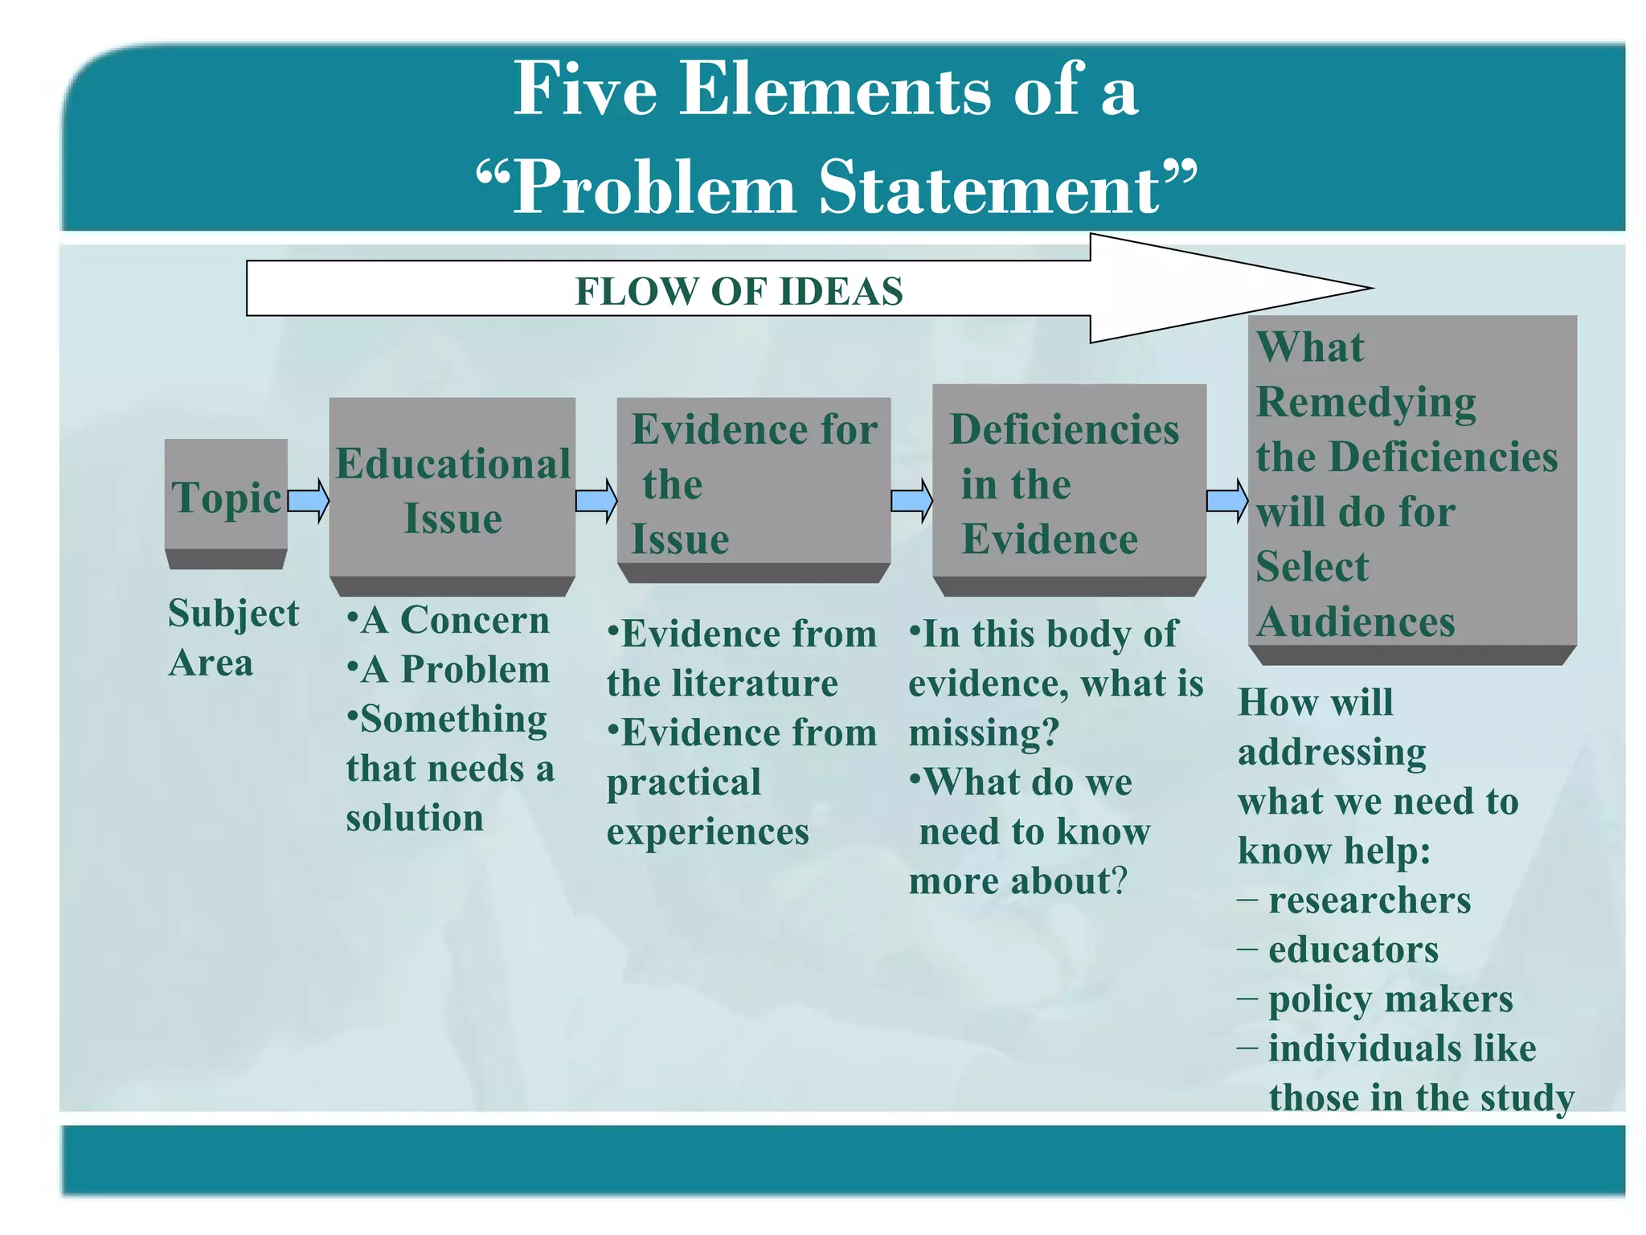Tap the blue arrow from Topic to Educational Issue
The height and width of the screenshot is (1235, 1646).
(309, 500)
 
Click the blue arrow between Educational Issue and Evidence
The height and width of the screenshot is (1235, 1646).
(596, 500)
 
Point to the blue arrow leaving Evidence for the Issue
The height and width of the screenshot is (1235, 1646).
(911, 500)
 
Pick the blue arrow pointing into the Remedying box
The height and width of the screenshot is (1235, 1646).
(1227, 500)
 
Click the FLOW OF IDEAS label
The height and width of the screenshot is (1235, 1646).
(739, 291)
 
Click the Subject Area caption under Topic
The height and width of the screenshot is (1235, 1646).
(232, 638)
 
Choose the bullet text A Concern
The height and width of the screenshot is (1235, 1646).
(455, 620)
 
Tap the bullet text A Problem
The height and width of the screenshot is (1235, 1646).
(455, 669)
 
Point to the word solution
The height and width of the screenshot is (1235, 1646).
(415, 818)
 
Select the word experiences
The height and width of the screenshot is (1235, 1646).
(707, 831)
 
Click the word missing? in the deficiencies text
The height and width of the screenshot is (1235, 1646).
(984, 733)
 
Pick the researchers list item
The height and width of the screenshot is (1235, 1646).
(1369, 900)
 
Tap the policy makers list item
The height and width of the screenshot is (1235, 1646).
(1390, 999)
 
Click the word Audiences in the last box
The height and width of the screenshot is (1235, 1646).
(1356, 622)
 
